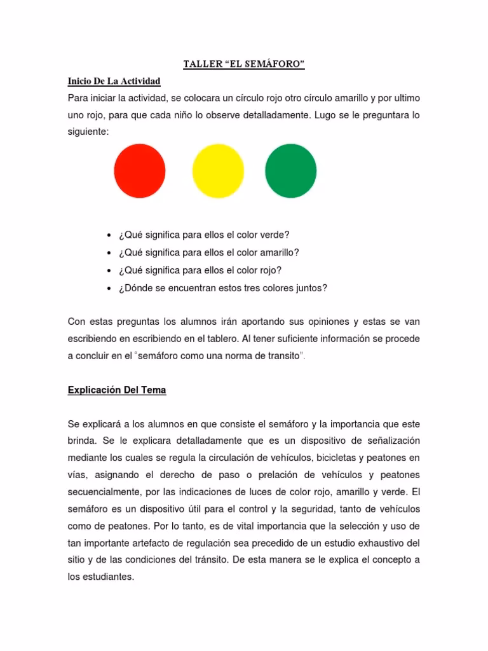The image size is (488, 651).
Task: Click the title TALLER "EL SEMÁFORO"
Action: (243, 65)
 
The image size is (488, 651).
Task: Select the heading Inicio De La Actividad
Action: (114, 81)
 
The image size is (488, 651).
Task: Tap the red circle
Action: (140, 170)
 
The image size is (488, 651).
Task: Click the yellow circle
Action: (217, 170)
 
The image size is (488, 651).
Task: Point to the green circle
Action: (290, 170)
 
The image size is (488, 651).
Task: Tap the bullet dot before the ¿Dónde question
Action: (110, 288)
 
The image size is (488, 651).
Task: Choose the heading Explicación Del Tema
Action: (117, 390)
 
